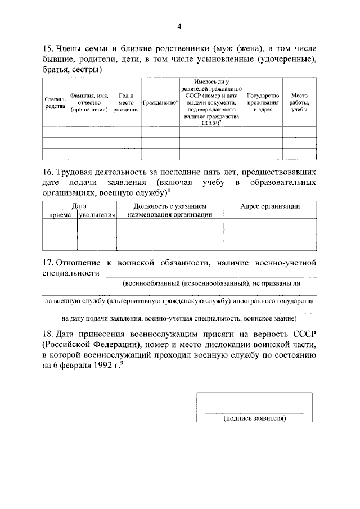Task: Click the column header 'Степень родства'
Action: click(55, 103)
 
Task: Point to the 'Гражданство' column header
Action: click(160, 103)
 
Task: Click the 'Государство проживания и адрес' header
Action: click(263, 103)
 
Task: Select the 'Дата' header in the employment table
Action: click(79, 206)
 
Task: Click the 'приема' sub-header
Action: click(60, 214)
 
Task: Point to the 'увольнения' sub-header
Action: click(97, 214)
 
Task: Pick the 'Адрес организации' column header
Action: click(270, 206)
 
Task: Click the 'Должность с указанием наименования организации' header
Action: click(170, 210)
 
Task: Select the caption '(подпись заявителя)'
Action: click(254, 418)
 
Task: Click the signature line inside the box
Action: click(254, 413)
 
